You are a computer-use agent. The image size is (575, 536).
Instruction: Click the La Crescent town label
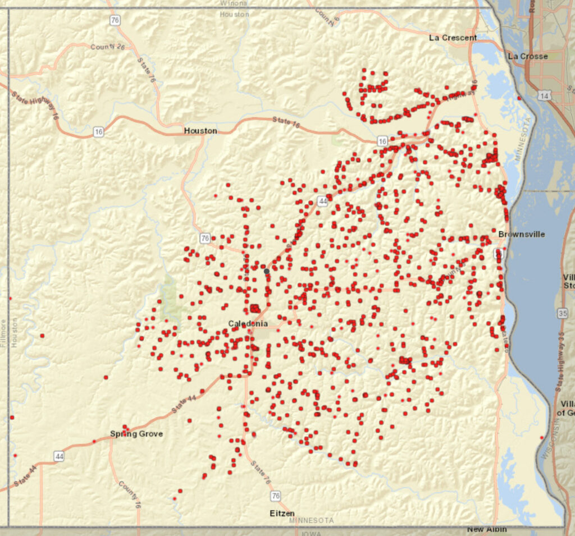453,38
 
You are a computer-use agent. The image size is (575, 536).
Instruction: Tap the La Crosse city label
527,56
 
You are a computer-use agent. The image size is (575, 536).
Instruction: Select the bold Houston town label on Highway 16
200,131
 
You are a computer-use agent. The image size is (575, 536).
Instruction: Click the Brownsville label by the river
521,234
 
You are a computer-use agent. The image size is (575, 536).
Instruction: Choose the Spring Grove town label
136,433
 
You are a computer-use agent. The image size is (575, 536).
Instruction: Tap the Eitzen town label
282,513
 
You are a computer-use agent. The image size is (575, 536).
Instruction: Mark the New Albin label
487,529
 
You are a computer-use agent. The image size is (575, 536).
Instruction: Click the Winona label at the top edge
234,3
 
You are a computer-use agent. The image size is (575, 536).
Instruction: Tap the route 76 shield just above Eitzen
275,496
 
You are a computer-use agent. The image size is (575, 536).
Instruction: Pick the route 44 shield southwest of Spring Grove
59,457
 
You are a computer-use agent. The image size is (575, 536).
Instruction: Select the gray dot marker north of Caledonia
267,271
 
